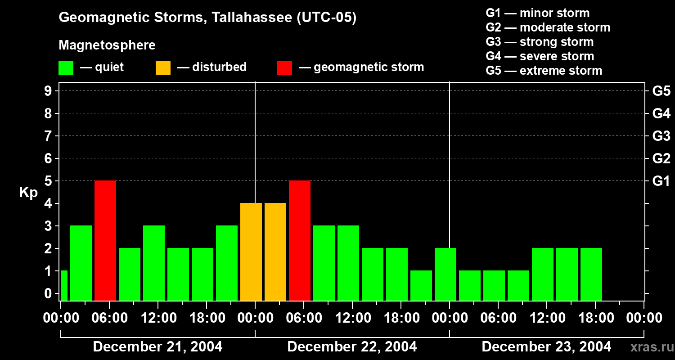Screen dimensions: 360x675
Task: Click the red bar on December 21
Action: coord(105,240)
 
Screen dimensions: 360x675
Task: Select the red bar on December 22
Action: coord(300,240)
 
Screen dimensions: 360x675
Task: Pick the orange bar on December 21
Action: coord(251,252)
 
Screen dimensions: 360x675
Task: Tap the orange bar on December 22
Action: coord(275,252)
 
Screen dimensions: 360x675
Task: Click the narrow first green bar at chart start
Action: coord(64,285)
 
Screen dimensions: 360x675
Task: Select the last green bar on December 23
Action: coord(591,274)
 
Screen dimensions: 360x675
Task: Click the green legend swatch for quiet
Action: coord(66,68)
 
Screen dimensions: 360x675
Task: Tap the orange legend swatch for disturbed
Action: coord(163,68)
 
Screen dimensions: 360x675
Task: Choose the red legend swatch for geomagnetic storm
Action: coord(284,68)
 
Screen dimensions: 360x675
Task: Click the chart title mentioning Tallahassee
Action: coord(207,18)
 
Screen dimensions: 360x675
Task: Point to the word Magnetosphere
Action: coord(107,45)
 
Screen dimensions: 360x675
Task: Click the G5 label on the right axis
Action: coord(661,91)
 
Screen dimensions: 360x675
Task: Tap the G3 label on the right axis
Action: coord(661,136)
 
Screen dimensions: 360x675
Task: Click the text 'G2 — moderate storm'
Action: coord(548,27)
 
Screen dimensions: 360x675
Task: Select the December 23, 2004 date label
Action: coord(546,347)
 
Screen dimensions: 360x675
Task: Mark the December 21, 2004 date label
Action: coord(157,347)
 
